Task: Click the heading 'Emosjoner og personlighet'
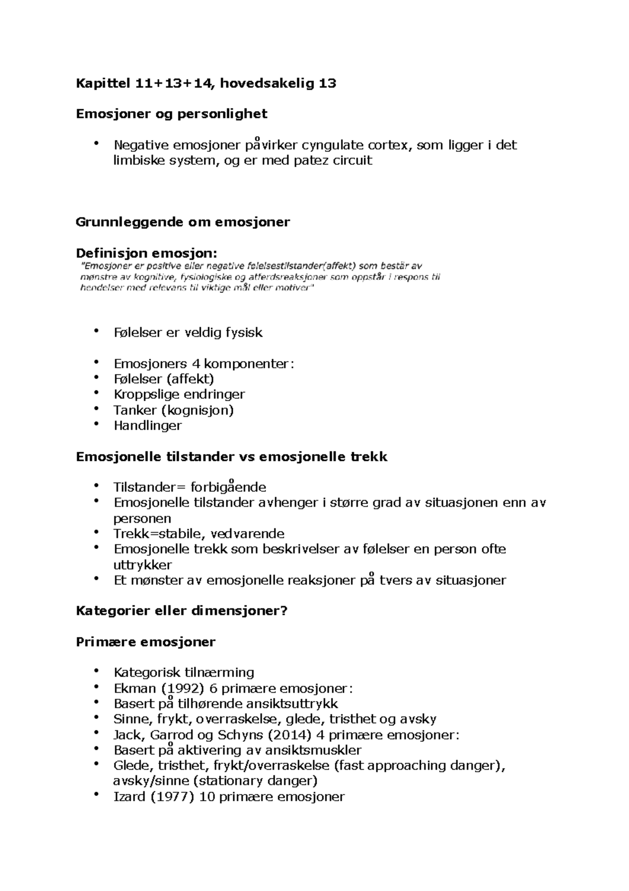click(171, 114)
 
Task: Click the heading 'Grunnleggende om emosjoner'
click(182, 222)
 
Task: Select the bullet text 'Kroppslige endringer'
click(179, 395)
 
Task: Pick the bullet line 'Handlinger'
click(147, 426)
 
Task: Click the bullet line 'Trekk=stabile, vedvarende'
click(199, 534)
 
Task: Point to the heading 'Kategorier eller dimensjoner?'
click(182, 611)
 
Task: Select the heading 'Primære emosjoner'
click(145, 642)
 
